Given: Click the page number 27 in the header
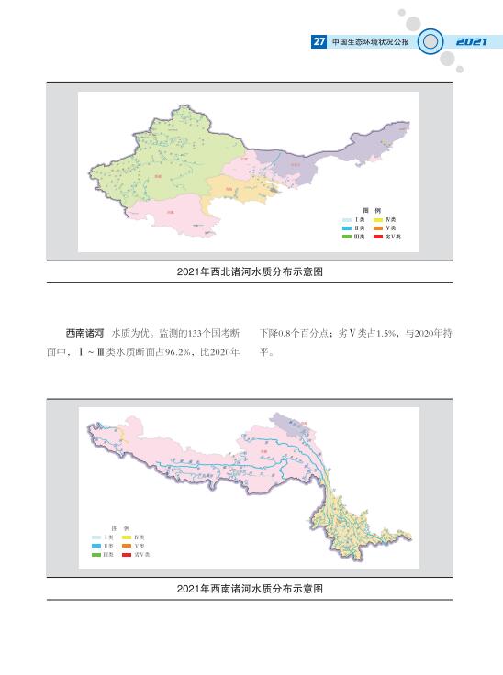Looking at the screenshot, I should tap(319, 42).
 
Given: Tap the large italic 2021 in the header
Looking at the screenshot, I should tap(471, 42).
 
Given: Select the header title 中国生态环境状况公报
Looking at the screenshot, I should tap(370, 42).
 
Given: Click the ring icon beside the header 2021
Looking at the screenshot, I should tap(430, 42).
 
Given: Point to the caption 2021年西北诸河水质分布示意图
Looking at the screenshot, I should tap(251, 271).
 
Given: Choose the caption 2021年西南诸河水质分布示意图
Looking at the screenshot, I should tap(251, 588).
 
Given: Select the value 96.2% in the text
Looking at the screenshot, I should tap(190, 351).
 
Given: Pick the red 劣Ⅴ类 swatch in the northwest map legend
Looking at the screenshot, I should tap(378, 236).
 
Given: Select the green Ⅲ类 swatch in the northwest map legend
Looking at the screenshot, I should tap(347, 236).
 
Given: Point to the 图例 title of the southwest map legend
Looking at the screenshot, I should tap(119, 527).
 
